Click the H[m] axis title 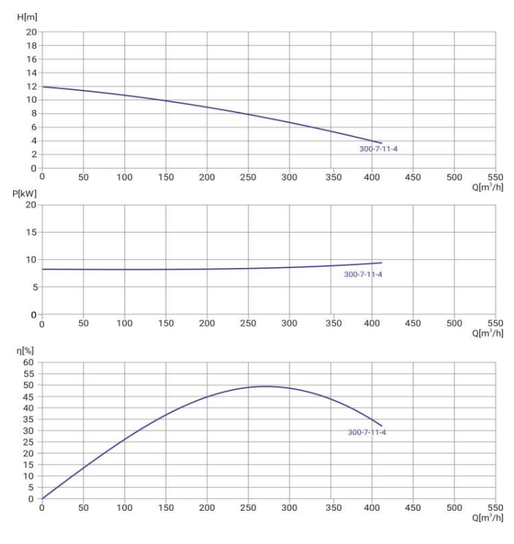coord(27,17)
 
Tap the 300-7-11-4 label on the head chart coord(379,149)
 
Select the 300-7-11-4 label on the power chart coord(362,275)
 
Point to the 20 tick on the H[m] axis coord(32,33)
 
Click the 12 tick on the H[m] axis coord(32,87)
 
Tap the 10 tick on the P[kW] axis coord(32,259)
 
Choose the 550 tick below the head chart coord(496,177)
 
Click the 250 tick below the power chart coord(249,324)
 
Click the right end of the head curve coord(381,143)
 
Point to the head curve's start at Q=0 coord(42,87)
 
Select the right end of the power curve coord(381,262)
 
